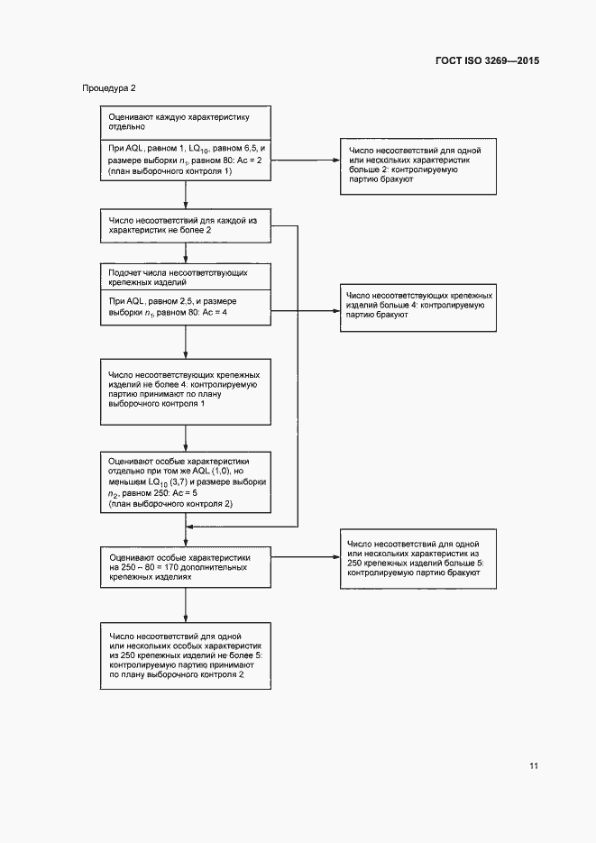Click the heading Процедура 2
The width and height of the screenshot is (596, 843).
click(109, 88)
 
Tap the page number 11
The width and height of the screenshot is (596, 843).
click(534, 766)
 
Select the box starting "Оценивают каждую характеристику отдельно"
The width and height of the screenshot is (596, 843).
click(185, 122)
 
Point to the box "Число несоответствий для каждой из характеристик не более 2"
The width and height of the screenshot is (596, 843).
click(185, 225)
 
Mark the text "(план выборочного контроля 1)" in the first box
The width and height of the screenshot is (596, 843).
click(171, 170)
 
